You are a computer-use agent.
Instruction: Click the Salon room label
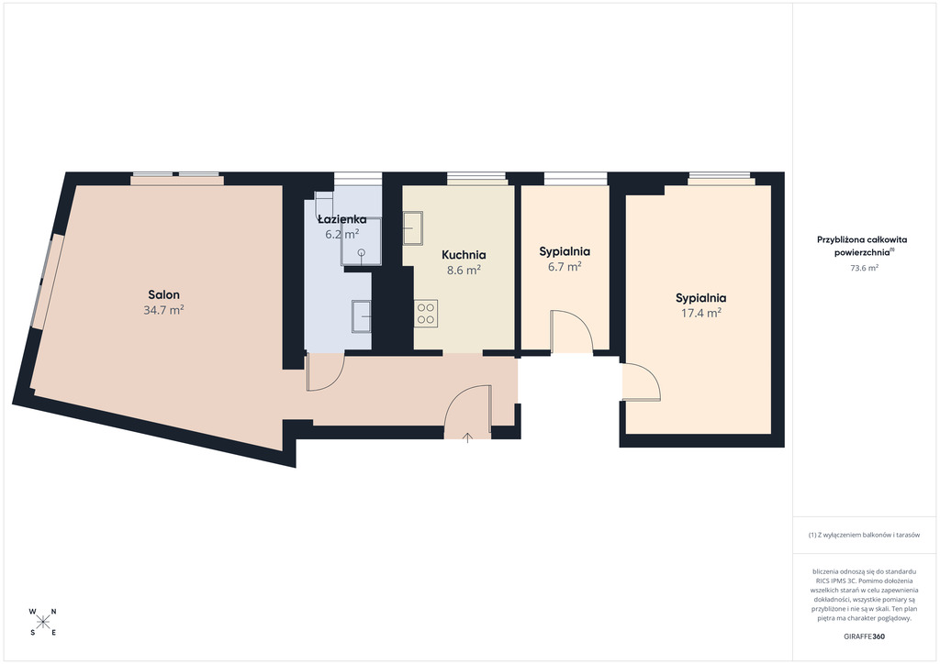(x=163, y=294)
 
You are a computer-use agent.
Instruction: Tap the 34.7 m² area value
(x=163, y=310)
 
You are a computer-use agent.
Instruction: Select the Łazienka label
(x=341, y=219)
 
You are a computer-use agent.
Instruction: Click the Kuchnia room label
(x=464, y=255)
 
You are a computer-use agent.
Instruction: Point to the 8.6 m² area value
(x=464, y=270)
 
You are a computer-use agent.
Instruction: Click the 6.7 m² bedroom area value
(x=565, y=267)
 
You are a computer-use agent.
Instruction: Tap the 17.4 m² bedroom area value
(x=700, y=313)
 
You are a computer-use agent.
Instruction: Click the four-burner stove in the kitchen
(x=426, y=313)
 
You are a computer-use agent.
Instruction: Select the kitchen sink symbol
(x=412, y=228)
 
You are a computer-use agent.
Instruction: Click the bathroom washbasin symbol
(x=362, y=315)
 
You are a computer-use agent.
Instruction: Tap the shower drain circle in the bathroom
(x=362, y=252)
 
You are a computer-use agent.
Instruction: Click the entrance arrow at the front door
(x=467, y=437)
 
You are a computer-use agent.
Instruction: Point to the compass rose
(x=42, y=622)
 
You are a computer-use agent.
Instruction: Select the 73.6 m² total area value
(x=864, y=268)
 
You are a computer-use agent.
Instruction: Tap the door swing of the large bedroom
(x=642, y=382)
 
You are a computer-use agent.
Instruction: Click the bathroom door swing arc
(x=326, y=372)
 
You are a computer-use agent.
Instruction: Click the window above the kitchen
(x=476, y=176)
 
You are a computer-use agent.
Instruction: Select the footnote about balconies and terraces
(x=864, y=535)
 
